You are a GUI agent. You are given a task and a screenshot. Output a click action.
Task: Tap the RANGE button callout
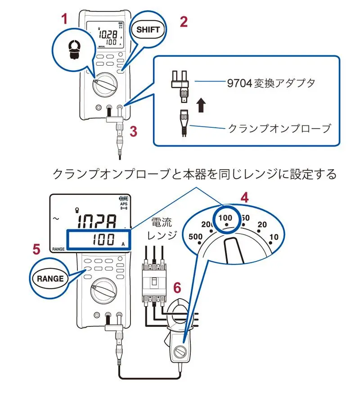coord(50,278)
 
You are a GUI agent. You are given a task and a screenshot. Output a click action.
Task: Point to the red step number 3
coord(133,131)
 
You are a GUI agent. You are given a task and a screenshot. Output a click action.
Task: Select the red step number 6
coord(177,286)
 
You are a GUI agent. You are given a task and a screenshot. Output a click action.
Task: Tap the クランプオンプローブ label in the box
coord(279,128)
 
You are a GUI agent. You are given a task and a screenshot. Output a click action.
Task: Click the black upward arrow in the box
coord(202,106)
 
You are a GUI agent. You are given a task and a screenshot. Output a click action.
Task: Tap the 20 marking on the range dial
coord(261,224)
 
